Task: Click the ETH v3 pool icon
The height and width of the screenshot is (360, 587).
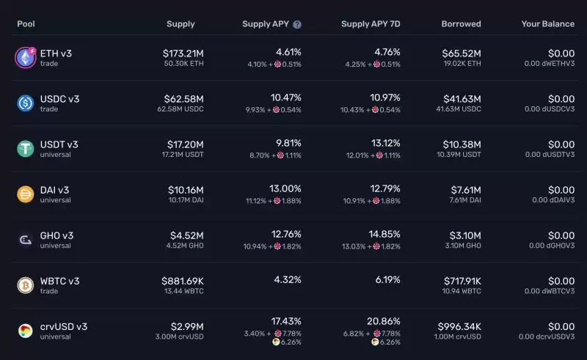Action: point(26,58)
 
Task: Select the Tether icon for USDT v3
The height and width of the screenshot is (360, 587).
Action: point(26,149)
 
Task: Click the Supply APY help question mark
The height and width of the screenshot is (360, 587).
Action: point(297,24)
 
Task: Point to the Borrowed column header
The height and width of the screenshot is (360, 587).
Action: point(461,24)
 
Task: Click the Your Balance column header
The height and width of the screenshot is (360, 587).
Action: point(547,24)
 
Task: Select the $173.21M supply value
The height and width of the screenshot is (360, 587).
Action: point(183,53)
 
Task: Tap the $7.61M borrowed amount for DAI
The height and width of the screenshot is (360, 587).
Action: point(466,190)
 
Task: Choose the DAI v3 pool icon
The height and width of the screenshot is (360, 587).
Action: point(26,194)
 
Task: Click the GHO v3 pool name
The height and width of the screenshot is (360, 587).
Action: point(56,235)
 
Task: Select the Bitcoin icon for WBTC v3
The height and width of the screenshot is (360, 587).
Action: point(26,285)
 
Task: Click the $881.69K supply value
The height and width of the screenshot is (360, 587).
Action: point(183,281)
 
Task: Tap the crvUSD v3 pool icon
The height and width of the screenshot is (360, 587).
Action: point(26,331)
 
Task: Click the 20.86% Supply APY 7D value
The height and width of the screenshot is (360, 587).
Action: point(384,321)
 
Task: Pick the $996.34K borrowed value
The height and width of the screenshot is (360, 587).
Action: point(459,326)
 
